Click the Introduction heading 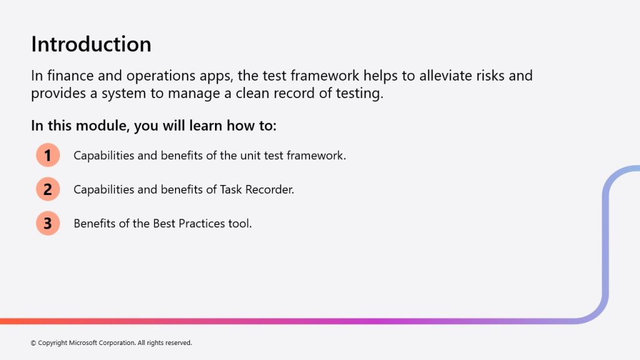pyautogui.click(x=91, y=44)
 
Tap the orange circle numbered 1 pyautogui.click(x=47, y=155)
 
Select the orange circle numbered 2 pyautogui.click(x=47, y=189)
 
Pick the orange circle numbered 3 pyautogui.click(x=47, y=223)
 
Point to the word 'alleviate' pyautogui.click(x=447, y=76)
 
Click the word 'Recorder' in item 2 pyautogui.click(x=269, y=189)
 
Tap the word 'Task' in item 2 pyautogui.click(x=231, y=189)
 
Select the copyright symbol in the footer pyautogui.click(x=34, y=343)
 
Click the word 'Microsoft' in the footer pyautogui.click(x=82, y=343)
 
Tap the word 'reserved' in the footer pyautogui.click(x=179, y=343)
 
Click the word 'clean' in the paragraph pyautogui.click(x=252, y=94)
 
